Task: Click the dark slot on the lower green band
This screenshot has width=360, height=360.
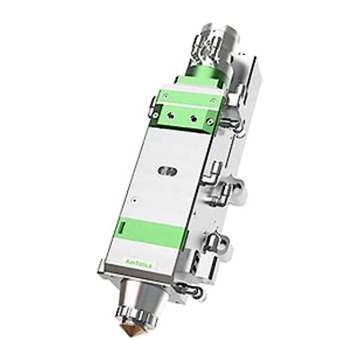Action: point(123,228)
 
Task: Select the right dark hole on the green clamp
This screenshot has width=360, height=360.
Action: point(193,119)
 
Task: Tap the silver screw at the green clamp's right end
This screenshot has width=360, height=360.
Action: point(210,122)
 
